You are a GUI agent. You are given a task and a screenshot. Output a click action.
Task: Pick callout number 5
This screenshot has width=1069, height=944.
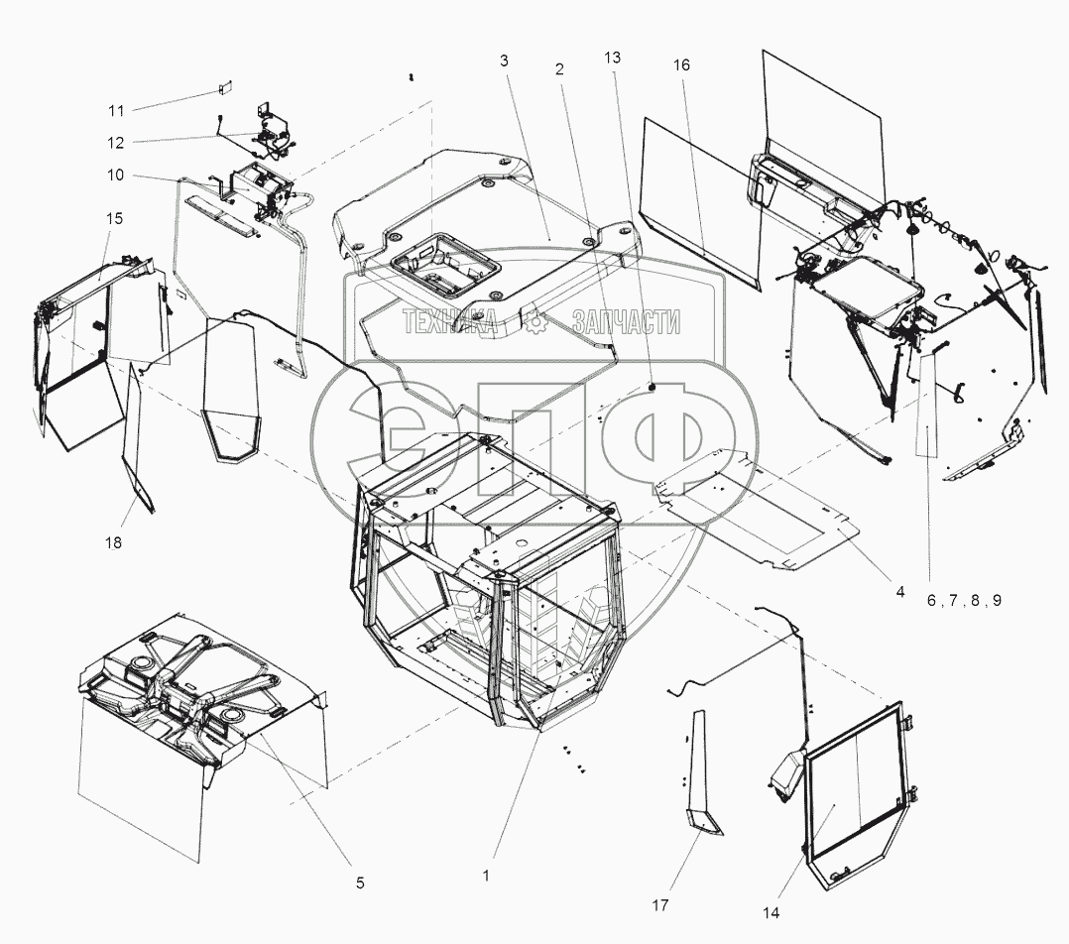360,882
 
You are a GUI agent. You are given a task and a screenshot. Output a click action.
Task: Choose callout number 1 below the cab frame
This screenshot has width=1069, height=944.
486,876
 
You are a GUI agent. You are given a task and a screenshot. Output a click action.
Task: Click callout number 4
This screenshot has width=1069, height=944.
899,592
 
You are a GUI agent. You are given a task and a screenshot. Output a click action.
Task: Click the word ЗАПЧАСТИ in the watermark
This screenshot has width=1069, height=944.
626,321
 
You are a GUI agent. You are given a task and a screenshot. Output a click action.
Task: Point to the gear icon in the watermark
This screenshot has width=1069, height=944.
536,321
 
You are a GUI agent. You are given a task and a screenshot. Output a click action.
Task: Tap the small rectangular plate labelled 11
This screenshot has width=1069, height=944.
224,88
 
